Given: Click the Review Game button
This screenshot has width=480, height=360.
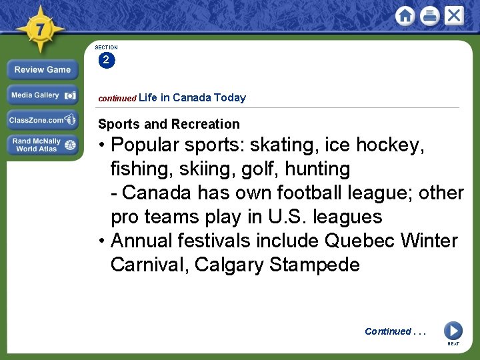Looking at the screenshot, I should [43, 69].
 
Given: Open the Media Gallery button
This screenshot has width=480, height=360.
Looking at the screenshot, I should [43, 95].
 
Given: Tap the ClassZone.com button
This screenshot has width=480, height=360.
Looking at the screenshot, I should [43, 120].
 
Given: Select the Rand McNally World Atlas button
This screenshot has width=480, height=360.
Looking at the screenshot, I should [43, 145].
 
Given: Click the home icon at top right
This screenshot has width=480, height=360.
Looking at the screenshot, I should [405, 16].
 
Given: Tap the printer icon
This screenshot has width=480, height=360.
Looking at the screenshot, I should [429, 16].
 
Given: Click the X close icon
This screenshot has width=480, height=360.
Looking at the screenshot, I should [454, 16].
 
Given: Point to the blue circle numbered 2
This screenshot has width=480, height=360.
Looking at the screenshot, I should [106, 61].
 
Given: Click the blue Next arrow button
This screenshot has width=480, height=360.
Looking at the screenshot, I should [453, 331].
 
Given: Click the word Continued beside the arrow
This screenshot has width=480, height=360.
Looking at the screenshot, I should [388, 331].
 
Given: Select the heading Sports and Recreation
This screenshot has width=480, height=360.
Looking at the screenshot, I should [169, 124].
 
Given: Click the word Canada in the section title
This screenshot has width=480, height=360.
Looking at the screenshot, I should [192, 98].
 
